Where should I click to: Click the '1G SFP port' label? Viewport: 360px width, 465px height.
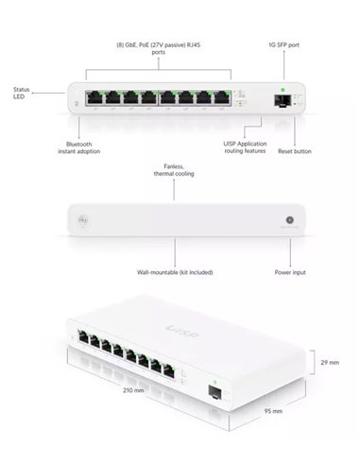283,44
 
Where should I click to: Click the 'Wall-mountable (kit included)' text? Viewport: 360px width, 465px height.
175,272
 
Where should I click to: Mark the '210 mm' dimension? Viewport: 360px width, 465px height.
133,390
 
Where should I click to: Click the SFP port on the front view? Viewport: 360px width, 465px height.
282,98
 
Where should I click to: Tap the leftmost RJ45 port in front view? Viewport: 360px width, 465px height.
95,98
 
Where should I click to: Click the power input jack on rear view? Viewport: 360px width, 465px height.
289,221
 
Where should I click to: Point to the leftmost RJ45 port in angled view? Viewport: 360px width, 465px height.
87,336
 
